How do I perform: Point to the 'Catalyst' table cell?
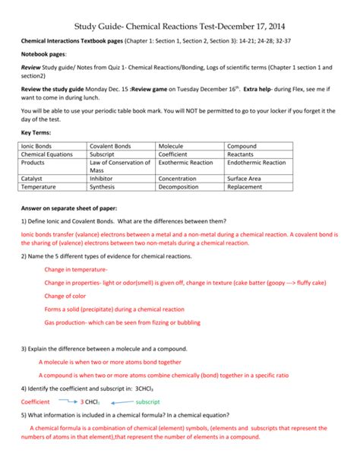click(x=33, y=178)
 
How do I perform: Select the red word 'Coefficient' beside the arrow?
click(x=35, y=401)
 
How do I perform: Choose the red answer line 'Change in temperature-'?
click(x=76, y=270)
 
